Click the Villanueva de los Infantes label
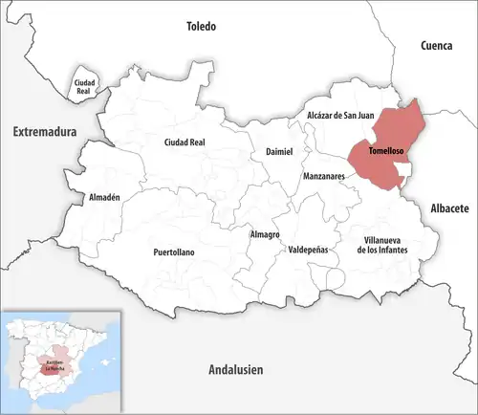(381, 245)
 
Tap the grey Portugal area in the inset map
(16, 364)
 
